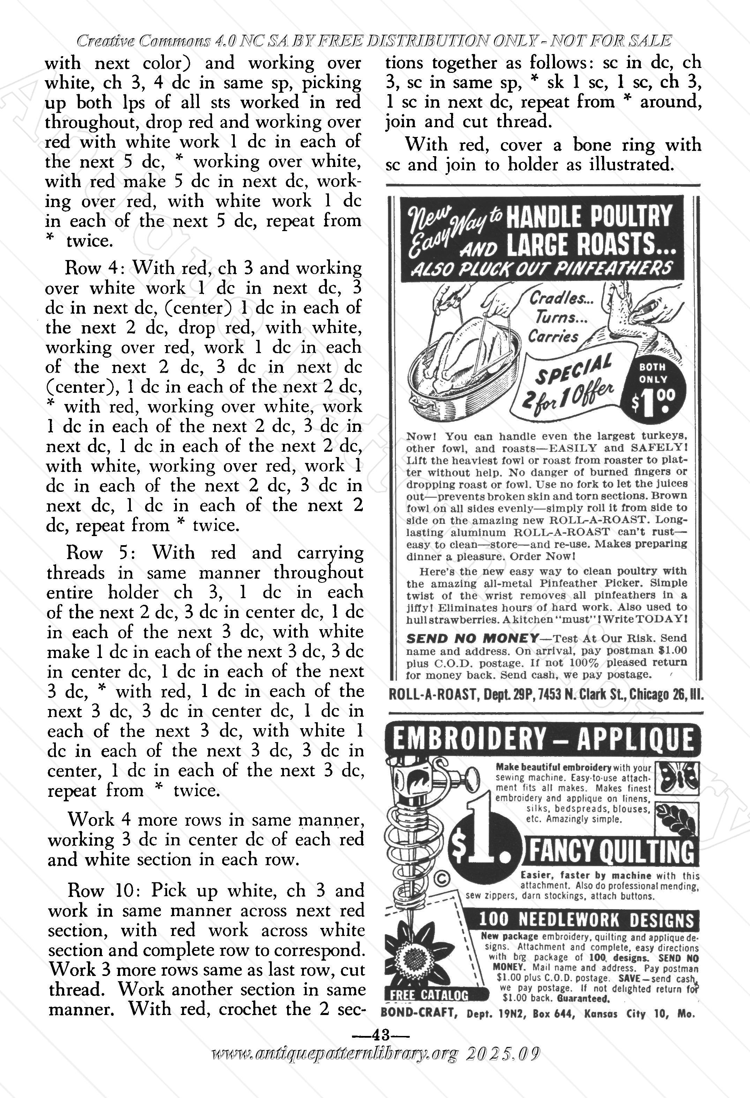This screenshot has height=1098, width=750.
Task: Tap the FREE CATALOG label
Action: click(x=429, y=995)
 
